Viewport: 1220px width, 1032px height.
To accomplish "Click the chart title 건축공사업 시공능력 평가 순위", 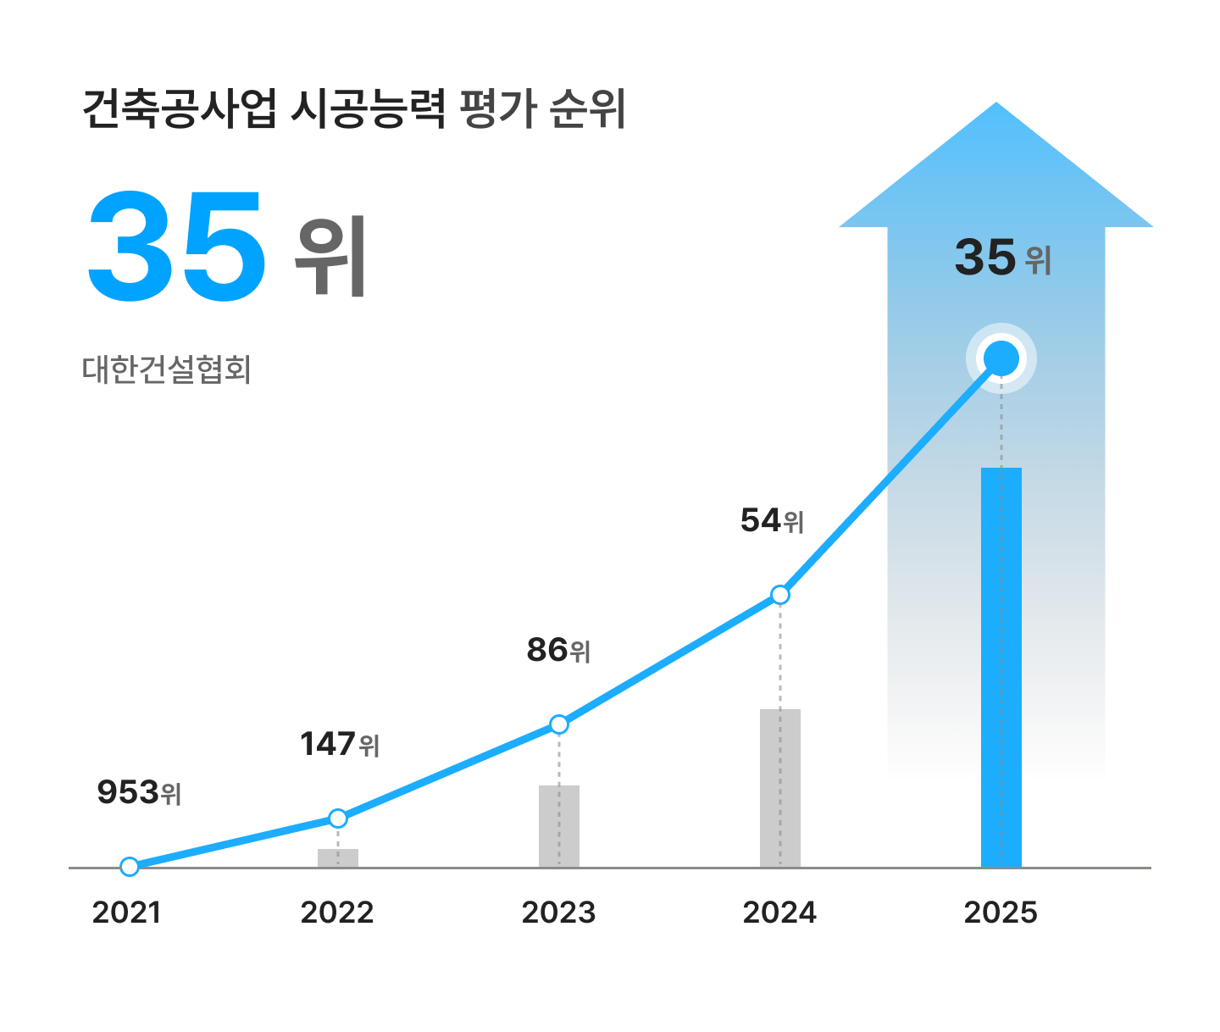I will pyautogui.click(x=354, y=108).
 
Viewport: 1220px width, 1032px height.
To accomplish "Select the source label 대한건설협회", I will pyautogui.click(x=167, y=370).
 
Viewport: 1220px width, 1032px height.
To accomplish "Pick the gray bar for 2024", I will pyautogui.click(x=779, y=788).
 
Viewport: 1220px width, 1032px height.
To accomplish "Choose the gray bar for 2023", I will pyautogui.click(x=559, y=826).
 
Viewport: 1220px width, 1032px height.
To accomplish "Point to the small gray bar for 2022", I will pyautogui.click(x=338, y=857).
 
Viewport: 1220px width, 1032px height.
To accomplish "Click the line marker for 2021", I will pyautogui.click(x=130, y=866).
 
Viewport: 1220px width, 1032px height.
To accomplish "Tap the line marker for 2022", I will pyautogui.click(x=338, y=818).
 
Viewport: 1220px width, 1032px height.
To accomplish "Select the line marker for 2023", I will pyautogui.click(x=559, y=724).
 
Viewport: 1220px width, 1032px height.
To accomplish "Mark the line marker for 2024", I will pyautogui.click(x=780, y=595).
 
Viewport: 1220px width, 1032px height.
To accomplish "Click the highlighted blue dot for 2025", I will pyautogui.click(x=1001, y=358).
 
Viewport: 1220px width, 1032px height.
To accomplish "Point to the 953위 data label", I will pyautogui.click(x=139, y=792).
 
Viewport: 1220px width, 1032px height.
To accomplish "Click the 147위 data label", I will pyautogui.click(x=340, y=744).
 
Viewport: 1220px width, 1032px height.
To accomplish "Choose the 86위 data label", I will pyautogui.click(x=558, y=650).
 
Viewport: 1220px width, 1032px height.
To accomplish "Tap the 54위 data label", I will pyautogui.click(x=772, y=520).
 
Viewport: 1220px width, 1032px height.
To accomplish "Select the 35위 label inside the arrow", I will pyautogui.click(x=1003, y=257).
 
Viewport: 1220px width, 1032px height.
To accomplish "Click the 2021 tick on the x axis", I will pyautogui.click(x=126, y=913).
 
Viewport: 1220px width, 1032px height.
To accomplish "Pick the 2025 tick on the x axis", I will pyautogui.click(x=1001, y=913).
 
